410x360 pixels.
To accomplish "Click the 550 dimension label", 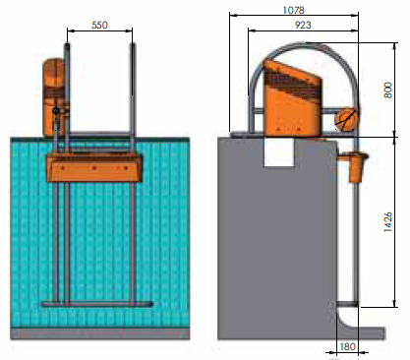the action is click(99, 25).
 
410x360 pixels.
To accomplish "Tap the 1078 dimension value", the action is click(293, 10).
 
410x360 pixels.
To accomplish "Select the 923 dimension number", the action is click(303, 25).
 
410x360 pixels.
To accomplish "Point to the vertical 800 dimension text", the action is click(387, 90).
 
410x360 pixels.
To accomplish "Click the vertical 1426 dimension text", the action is click(387, 222).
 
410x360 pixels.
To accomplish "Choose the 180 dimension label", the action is click(347, 346).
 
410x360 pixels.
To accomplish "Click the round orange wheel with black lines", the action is click(346, 119).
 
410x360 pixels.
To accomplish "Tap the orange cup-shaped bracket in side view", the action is click(354, 165).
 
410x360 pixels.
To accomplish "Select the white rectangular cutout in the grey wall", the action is click(279, 151).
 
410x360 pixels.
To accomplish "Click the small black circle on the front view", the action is click(56, 111).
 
